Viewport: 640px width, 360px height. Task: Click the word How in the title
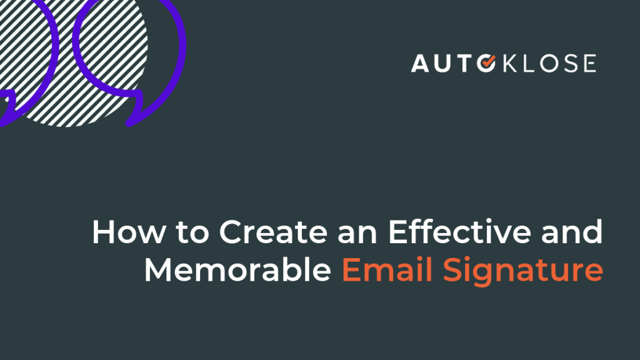pos(129,232)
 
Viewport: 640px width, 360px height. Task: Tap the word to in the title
pos(192,232)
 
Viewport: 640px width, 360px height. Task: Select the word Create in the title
pos(274,232)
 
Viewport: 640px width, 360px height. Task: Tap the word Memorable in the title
pos(237,269)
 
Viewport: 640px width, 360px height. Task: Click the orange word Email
pos(387,269)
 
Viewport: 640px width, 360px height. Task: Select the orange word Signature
pos(523,272)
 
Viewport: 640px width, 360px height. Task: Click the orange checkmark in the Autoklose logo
pos(487,62)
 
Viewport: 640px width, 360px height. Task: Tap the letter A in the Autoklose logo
pos(420,64)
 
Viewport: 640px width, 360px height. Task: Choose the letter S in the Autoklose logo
pos(569,64)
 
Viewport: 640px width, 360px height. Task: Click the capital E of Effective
pos(397,232)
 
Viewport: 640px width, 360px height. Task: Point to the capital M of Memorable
pos(157,269)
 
